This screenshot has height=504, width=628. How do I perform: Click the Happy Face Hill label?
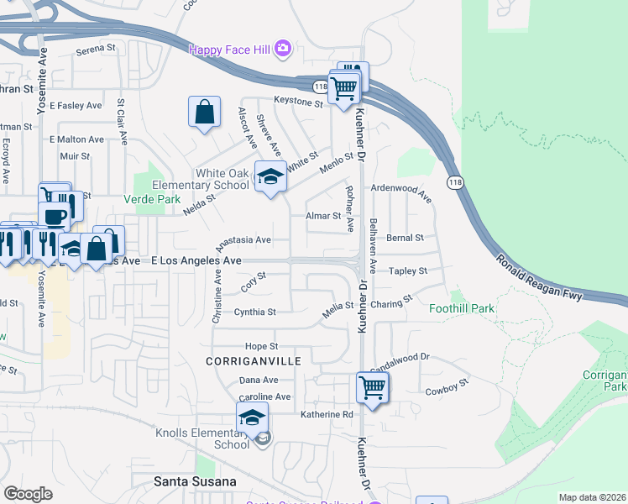coord(229,50)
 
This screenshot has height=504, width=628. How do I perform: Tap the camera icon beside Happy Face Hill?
coord(284,49)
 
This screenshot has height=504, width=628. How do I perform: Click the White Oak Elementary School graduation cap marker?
coord(270,176)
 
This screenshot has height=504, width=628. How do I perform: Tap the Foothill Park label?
coord(462,308)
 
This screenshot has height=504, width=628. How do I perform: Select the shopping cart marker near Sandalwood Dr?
coord(371,387)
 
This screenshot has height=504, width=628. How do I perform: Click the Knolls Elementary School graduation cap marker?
coord(252,417)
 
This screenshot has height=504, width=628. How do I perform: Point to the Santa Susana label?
coord(196,481)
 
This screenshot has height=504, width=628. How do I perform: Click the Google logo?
coord(28,493)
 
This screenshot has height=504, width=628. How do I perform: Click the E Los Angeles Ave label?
coord(196,261)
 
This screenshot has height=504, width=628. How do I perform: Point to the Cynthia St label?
coord(254,312)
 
